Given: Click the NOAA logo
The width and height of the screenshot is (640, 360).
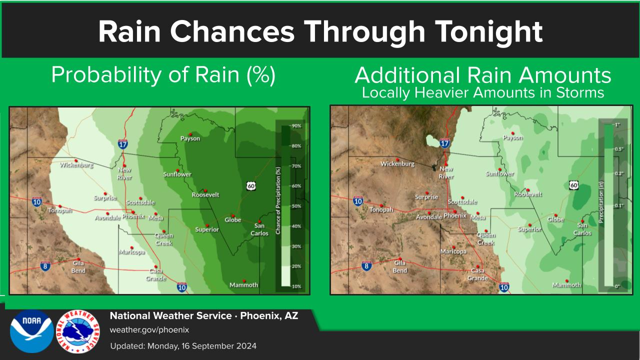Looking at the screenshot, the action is (31, 331).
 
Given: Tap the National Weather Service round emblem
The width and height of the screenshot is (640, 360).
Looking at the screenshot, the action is (78, 331).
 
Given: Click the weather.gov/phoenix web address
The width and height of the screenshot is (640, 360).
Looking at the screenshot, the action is (149, 329).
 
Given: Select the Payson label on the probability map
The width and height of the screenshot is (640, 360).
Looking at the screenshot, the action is (190, 138).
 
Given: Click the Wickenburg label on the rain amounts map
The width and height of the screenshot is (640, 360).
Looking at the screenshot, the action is (397, 163).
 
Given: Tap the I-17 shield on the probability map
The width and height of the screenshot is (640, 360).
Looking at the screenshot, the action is (122, 144).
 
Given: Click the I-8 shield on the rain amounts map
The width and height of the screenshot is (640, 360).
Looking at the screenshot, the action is (366, 266).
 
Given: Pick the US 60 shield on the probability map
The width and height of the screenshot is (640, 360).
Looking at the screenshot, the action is (251, 186).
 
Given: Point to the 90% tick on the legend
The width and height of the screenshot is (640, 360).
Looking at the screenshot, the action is (296, 125).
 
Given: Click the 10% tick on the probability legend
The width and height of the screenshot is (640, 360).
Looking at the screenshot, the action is (296, 286).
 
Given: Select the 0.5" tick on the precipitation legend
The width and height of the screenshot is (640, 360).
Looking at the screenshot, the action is (619, 149).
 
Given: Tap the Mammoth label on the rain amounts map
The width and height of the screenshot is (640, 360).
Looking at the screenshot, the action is (566, 285).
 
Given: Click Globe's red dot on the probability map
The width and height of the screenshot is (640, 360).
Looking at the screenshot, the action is (233, 215).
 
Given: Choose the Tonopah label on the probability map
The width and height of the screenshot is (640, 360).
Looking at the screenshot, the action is (60, 210).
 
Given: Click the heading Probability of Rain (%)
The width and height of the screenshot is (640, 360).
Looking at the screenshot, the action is (163, 75).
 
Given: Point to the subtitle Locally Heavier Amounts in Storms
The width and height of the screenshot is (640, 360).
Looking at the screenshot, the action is (483, 92).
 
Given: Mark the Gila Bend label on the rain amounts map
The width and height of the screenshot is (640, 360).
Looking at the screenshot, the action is (400, 266).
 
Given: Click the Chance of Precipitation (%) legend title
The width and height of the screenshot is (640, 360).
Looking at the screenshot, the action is (278, 200).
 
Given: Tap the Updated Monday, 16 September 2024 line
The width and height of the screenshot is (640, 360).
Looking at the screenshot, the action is (183, 346).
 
